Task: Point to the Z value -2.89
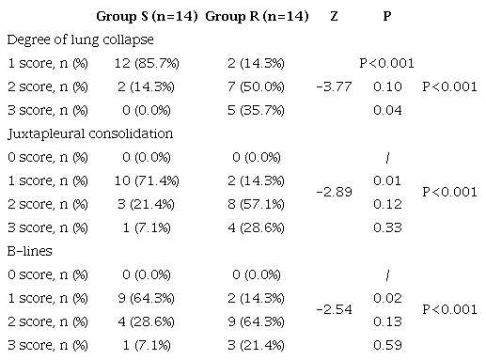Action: click(335, 192)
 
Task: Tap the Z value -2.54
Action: click(335, 308)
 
